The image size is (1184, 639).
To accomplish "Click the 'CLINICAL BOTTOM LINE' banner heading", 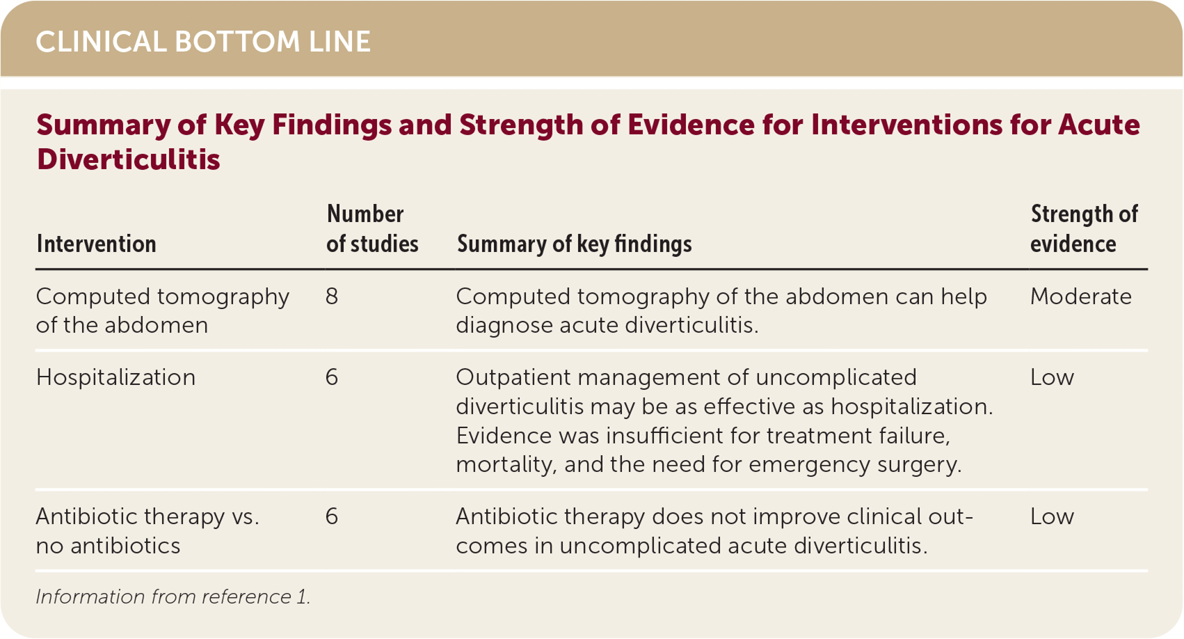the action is coord(203,42).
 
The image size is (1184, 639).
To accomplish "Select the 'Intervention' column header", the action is coord(96,244).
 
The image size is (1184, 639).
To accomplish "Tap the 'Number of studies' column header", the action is coord(372,228).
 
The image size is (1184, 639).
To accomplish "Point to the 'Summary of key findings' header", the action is coord(574,244).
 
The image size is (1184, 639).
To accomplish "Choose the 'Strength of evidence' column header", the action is coord(1084,228).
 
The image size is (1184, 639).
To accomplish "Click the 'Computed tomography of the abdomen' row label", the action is coord(163,310).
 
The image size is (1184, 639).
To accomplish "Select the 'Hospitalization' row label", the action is coord(115,378).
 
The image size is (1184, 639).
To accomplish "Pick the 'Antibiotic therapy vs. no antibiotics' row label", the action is coord(147,530).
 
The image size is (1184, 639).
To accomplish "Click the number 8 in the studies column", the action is coord(331,297).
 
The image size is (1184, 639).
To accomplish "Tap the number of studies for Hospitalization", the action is coord(331,378).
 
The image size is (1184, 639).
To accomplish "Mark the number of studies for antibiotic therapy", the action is coord(331,516).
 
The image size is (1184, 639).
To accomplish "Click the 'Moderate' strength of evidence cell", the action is coord(1081,297).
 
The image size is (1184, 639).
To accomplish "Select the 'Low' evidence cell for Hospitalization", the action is coord(1052,378).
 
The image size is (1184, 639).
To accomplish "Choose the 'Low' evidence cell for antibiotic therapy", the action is coord(1052,516).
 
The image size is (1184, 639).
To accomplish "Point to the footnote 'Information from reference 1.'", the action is coord(173,597).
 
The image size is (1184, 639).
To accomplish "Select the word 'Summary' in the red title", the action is coord(103,126).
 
